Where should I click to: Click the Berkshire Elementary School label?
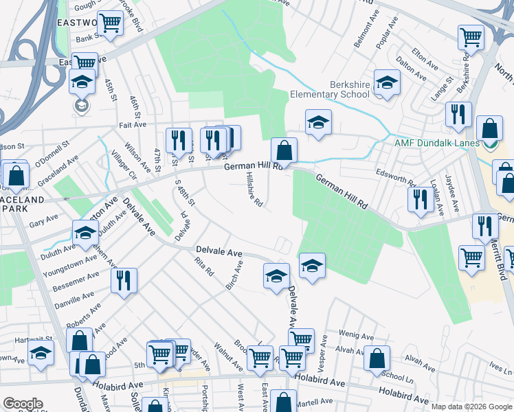(x=330, y=89)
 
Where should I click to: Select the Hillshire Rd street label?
(x=254, y=190)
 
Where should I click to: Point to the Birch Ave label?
(x=234, y=274)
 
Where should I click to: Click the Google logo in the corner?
(x=23, y=404)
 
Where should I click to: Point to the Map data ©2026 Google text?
(x=471, y=407)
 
